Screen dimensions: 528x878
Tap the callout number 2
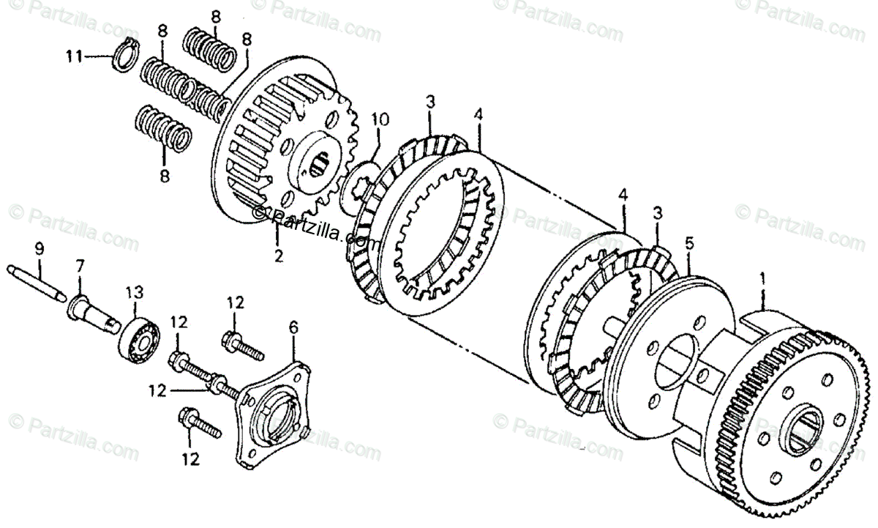tap(278, 256)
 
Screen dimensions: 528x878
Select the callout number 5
tap(688, 241)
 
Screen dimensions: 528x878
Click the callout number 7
tap(80, 262)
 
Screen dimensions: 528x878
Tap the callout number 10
tap(378, 119)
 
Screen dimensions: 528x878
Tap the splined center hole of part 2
tap(322, 168)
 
